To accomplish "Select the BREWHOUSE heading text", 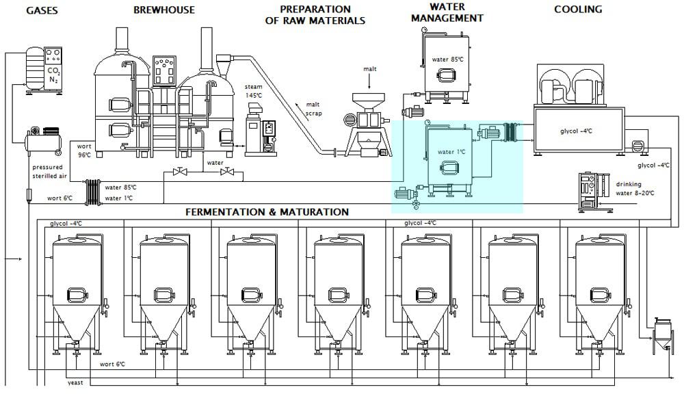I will coord(164,10).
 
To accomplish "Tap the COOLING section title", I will coord(578,10).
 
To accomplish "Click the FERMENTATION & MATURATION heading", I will coord(267,212).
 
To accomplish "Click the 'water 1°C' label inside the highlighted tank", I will coord(451,152).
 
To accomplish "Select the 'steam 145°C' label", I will coord(253,91).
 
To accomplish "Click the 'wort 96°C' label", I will coord(85,150).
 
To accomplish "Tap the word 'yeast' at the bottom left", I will coord(75,382).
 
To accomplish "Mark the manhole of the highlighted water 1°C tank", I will coord(449,168).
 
